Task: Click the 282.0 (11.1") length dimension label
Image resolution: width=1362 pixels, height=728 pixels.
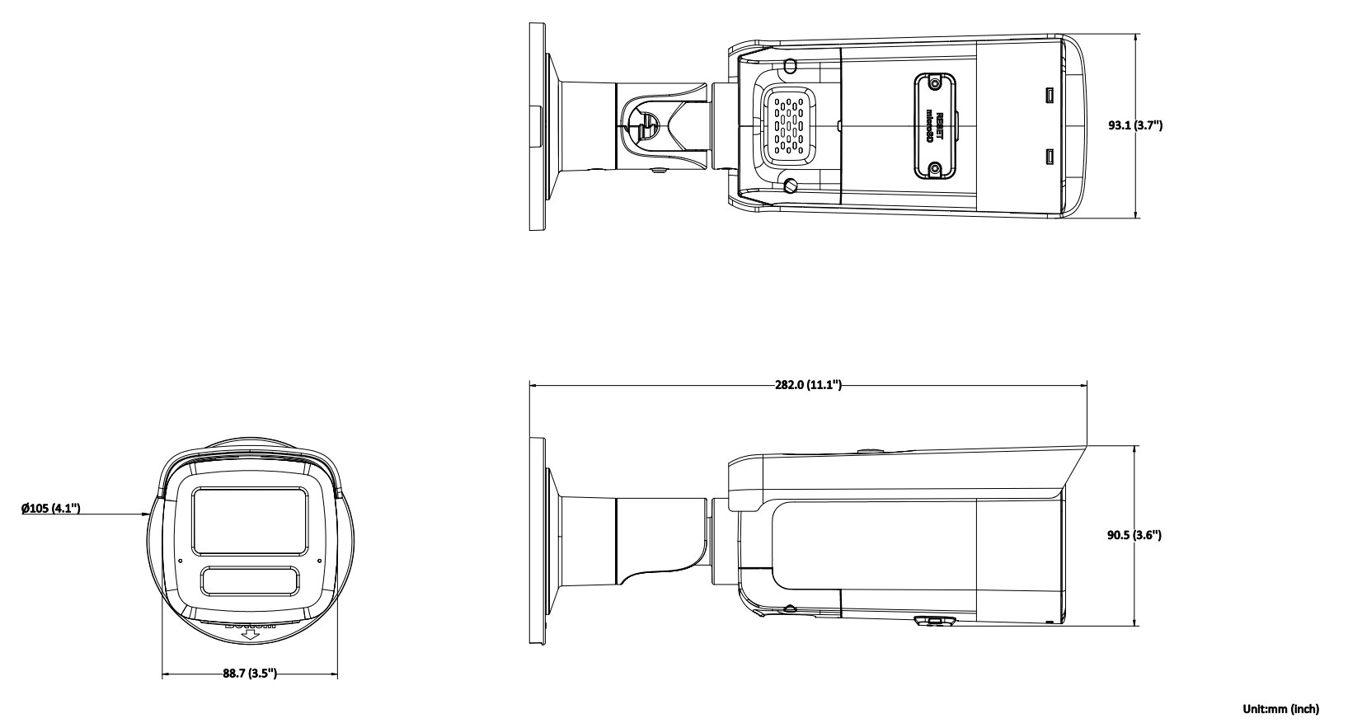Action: [807, 385]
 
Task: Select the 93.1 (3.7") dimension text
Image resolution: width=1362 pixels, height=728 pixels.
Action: [1134, 125]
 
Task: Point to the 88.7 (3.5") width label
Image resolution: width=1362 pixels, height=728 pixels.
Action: [249, 674]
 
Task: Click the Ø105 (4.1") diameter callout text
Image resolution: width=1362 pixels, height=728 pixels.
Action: [50, 508]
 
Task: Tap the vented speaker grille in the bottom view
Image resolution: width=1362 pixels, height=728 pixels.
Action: [787, 124]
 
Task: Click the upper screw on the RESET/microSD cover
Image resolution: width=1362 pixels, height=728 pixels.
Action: [934, 83]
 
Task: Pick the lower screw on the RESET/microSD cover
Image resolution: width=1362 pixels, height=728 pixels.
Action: [934, 168]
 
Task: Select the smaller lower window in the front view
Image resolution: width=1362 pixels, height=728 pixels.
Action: [250, 582]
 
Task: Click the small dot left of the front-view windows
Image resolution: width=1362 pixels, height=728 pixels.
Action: [181, 560]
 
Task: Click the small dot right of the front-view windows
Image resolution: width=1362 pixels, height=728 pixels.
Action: [319, 560]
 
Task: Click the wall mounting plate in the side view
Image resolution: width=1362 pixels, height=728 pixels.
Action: [537, 541]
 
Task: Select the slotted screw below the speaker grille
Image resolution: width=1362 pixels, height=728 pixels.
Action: [791, 186]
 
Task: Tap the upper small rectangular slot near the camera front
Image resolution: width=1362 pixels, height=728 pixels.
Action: [1050, 96]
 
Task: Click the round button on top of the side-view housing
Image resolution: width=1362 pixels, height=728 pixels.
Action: [869, 451]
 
